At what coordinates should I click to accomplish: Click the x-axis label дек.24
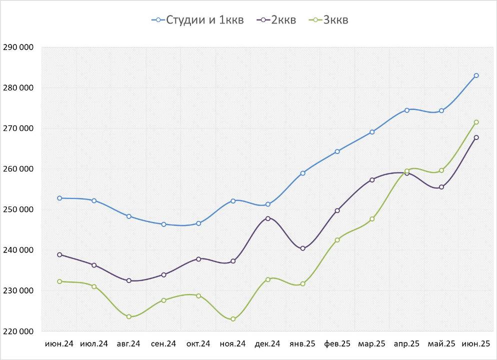[267, 344]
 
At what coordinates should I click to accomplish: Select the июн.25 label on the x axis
[475, 344]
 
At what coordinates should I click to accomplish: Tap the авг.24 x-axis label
[128, 344]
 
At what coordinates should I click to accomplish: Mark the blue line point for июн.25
[476, 75]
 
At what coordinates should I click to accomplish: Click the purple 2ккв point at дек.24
[268, 218]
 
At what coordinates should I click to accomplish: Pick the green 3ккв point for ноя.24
[233, 319]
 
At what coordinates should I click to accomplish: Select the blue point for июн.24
[59, 198]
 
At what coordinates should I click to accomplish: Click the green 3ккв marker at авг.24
[129, 316]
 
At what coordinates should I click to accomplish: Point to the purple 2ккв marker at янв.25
[302, 248]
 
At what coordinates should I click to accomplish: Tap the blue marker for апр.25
[407, 110]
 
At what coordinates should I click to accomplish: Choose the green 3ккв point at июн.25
[476, 122]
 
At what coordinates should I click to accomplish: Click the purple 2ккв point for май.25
[441, 187]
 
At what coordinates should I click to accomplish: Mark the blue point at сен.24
[163, 224]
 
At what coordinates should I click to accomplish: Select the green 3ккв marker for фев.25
[337, 240]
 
